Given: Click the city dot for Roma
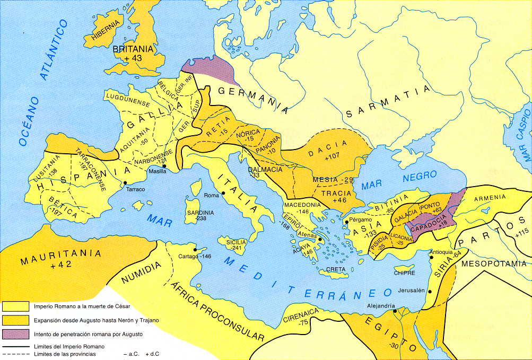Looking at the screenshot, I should click(223, 194).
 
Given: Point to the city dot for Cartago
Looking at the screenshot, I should click(196, 249).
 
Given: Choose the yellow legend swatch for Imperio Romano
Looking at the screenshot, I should click(16, 307).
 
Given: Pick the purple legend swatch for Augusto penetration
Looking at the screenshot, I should click(16, 335).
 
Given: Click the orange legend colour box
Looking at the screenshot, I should click(16, 321).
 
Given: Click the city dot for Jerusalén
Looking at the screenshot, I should click(429, 292).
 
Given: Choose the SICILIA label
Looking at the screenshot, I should click(237, 242).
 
